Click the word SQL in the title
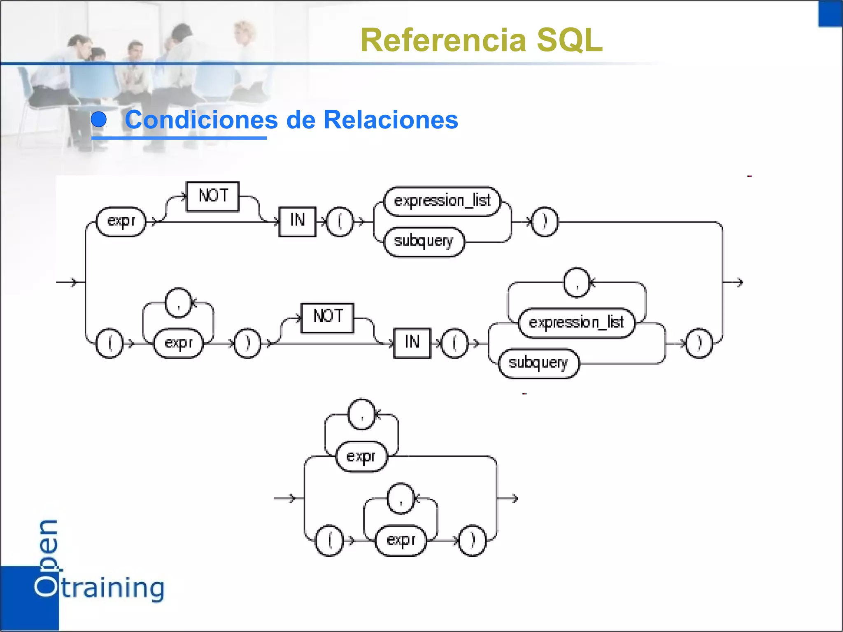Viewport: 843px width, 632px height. tap(570, 40)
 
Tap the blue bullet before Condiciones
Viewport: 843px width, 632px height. tap(99, 120)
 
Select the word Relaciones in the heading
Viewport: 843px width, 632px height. tap(391, 120)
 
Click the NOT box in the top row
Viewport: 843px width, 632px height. tap(213, 196)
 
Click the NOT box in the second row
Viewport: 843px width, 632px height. tap(328, 318)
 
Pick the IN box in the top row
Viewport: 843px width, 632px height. tap(297, 221)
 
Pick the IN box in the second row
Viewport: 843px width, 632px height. tap(412, 343)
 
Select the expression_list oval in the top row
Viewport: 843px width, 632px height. tap(442, 201)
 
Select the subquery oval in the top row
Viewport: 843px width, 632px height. tap(424, 242)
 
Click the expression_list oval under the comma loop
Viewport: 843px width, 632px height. tap(576, 323)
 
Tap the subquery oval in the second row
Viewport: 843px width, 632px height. tap(538, 363)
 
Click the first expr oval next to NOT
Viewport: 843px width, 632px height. tap(121, 222)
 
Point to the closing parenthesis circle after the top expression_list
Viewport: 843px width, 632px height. tap(545, 222)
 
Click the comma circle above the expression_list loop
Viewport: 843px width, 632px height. tap(577, 283)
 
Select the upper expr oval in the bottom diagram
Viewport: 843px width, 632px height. tap(361, 457)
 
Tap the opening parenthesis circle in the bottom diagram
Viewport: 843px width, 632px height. tap(329, 540)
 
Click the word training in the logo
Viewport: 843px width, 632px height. tap(113, 588)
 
